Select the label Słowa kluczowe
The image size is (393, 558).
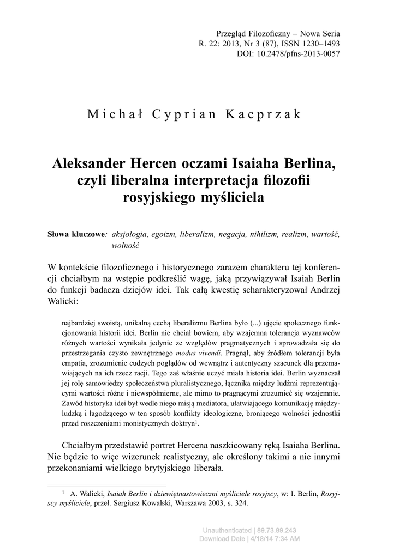(x=77, y=234)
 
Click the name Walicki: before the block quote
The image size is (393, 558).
(x=64, y=300)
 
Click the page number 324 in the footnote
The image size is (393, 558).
(x=241, y=504)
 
